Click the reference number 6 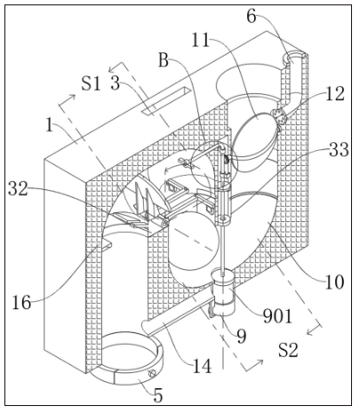coord(252,17)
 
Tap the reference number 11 coord(201,40)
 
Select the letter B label coord(164,60)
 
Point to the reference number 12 coord(335,94)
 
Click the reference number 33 coord(339,149)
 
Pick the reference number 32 coord(19,188)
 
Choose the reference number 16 coord(21,303)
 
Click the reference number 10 coord(334,282)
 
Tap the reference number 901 coord(277,316)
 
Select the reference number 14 coord(202,366)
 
